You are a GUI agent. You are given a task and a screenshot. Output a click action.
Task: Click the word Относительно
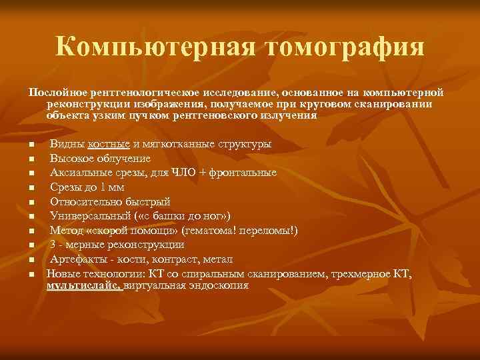(x=81, y=201)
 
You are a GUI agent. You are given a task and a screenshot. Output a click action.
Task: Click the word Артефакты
(x=75, y=259)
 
